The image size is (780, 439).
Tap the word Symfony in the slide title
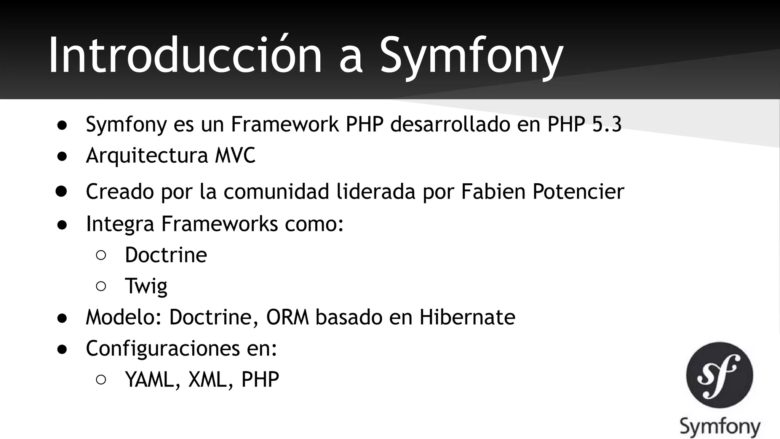point(471,57)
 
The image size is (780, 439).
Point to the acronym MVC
point(235,155)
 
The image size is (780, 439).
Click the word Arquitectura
point(147,155)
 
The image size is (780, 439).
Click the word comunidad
point(276,191)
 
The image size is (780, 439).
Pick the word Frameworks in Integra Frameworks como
point(219,223)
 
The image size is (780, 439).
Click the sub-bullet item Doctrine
point(166,255)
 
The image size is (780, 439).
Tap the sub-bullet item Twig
point(146,286)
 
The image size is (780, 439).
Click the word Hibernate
point(467,317)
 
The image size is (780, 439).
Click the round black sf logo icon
point(719,375)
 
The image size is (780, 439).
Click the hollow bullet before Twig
point(101,286)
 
